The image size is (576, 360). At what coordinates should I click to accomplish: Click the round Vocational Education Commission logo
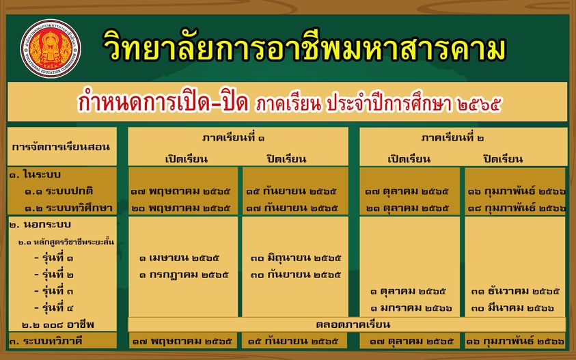pyautogui.click(x=51, y=49)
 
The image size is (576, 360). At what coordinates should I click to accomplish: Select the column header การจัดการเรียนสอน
pyautogui.click(x=61, y=147)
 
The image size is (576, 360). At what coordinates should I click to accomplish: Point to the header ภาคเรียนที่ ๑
pyautogui.click(x=233, y=138)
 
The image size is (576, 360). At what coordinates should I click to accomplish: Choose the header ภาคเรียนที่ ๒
pyautogui.click(x=452, y=138)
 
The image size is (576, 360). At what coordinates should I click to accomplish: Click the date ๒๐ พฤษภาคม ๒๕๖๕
pyautogui.click(x=181, y=208)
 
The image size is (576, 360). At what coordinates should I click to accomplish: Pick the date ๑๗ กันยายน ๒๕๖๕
pyautogui.click(x=292, y=208)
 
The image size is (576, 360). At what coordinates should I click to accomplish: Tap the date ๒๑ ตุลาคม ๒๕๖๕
pyautogui.click(x=408, y=208)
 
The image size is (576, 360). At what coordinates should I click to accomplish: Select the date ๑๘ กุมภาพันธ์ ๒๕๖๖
pyautogui.click(x=517, y=208)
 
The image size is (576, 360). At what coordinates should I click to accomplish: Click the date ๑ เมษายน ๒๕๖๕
pyautogui.click(x=179, y=258)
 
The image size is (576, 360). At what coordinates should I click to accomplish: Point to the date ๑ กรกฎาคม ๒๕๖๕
pyautogui.click(x=184, y=275)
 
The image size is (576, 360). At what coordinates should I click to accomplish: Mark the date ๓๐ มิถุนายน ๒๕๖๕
pyautogui.click(x=296, y=258)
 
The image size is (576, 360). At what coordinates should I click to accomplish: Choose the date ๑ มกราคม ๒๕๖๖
pyautogui.click(x=411, y=308)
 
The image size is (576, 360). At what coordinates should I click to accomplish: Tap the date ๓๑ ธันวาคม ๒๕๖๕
pyautogui.click(x=515, y=291)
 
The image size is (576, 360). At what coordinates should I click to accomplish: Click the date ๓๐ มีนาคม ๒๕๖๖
pyautogui.click(x=512, y=308)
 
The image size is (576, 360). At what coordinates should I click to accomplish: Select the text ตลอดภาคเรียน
pyautogui.click(x=353, y=324)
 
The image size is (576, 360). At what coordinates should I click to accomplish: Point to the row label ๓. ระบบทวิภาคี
pyautogui.click(x=46, y=342)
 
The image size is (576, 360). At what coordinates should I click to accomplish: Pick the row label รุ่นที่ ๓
pyautogui.click(x=53, y=291)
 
